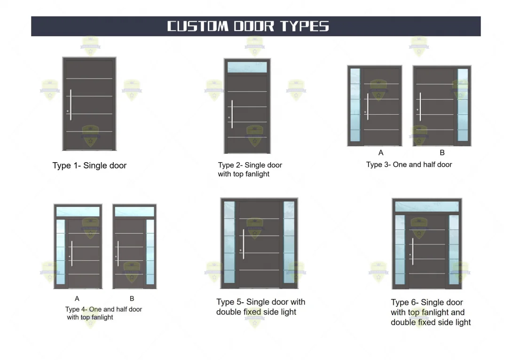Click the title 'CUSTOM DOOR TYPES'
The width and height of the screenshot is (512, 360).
(x=248, y=26)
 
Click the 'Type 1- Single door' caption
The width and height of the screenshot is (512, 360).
(x=89, y=165)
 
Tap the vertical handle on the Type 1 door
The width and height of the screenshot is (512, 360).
(x=71, y=105)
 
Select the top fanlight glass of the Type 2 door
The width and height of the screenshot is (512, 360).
(x=247, y=67)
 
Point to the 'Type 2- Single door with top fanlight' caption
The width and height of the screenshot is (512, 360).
(x=250, y=170)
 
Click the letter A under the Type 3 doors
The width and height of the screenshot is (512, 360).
(x=381, y=153)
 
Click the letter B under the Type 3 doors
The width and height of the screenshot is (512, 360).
(x=442, y=153)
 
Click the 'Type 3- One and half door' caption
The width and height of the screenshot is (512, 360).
(x=409, y=164)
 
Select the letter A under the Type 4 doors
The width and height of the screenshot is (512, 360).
(x=77, y=298)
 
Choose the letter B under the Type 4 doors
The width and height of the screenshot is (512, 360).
(x=132, y=298)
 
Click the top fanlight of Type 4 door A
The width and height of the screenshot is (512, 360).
(x=78, y=212)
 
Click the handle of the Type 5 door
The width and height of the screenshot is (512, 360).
(x=243, y=244)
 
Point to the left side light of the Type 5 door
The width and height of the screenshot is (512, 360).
(x=229, y=243)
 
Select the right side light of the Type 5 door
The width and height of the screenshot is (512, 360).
(x=289, y=243)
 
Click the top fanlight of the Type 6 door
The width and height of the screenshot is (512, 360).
(x=427, y=207)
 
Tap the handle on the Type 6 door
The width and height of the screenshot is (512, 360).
(x=412, y=251)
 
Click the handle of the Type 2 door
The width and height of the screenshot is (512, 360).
(x=232, y=114)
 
